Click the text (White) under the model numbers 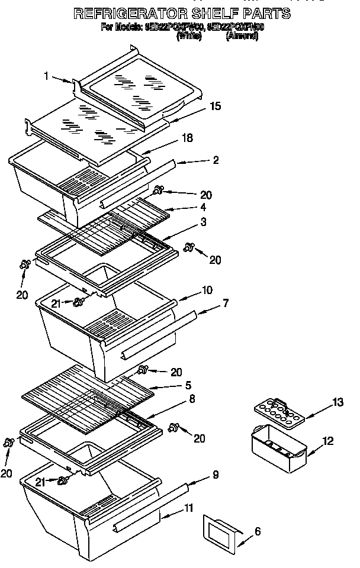(189, 36)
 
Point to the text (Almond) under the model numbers (242, 36)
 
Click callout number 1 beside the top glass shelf (46, 75)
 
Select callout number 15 (216, 106)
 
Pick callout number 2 (216, 160)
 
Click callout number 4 (202, 207)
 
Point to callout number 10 (207, 290)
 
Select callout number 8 (192, 399)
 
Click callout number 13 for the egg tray (337, 403)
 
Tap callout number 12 (327, 440)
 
